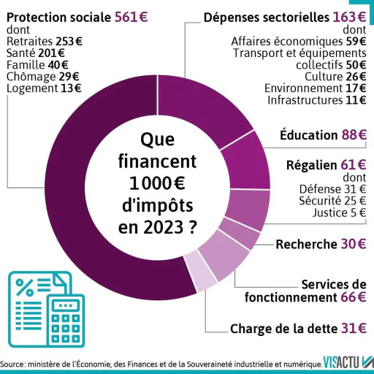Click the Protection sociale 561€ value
[x=131, y=18]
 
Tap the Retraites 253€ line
[x=45, y=42]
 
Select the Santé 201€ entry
[x=36, y=53]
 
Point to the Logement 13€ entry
[x=44, y=88]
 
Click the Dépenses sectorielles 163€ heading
[x=285, y=18]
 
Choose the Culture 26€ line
[x=335, y=77]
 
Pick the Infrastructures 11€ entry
[x=317, y=100]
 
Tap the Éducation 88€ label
[x=323, y=134]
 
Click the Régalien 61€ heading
[x=327, y=165]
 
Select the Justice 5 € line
[x=340, y=213]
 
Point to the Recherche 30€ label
[x=321, y=244]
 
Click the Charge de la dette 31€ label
[x=298, y=329]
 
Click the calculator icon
[x=66, y=321]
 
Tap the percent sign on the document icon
[x=24, y=287]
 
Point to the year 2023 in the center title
[x=163, y=227]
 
